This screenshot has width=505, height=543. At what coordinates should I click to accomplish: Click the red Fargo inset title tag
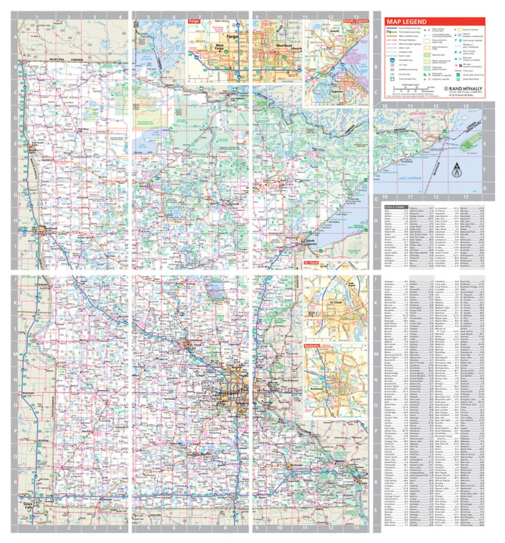pos(194,21)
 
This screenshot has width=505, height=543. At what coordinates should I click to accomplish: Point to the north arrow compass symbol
pos(457,170)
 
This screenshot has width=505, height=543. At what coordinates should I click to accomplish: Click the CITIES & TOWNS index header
pos(395,207)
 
